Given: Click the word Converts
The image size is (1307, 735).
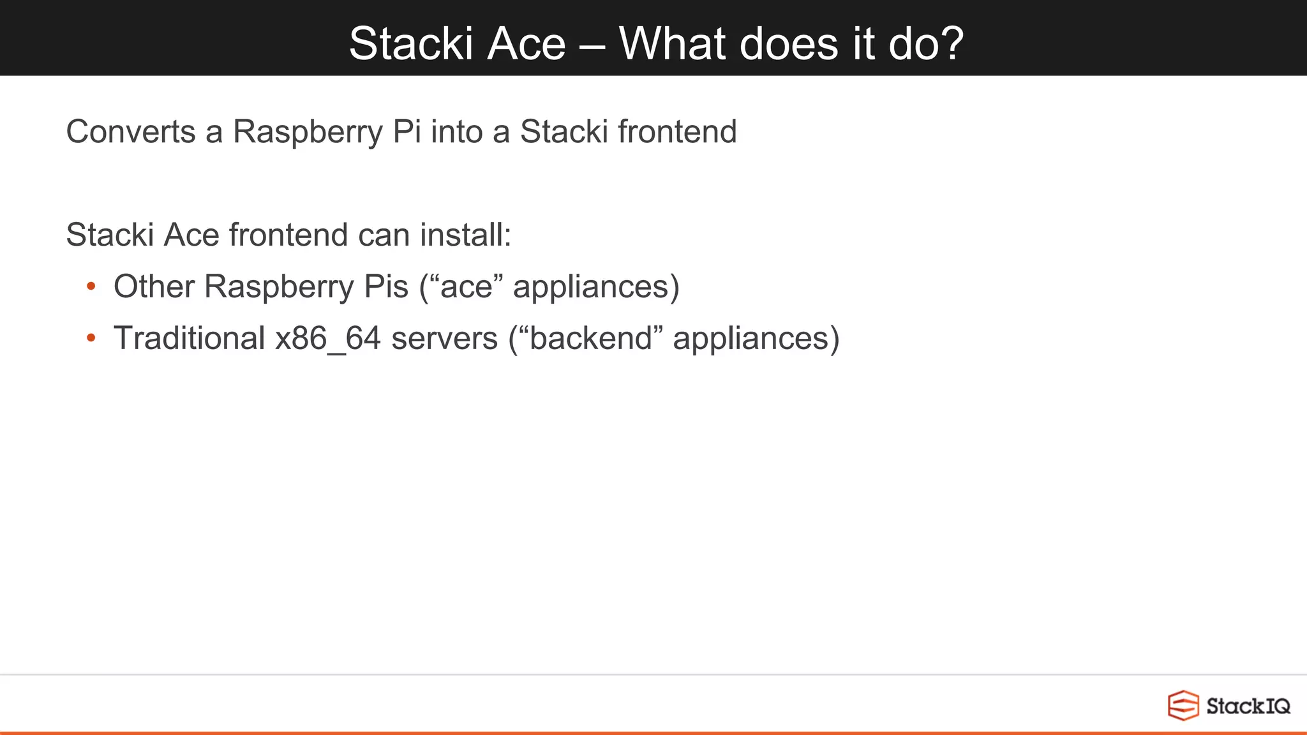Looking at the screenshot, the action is coord(131,132).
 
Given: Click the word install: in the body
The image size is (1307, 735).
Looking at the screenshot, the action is coord(465,235).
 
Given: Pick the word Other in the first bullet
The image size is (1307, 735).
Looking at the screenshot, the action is coord(154,286).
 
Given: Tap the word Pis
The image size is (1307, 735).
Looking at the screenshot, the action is coord(385,286).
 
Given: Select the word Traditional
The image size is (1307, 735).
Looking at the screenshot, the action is coord(189,338).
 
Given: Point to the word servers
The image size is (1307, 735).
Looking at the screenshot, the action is coord(444,338).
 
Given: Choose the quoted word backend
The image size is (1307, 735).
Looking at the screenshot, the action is coord(591,338).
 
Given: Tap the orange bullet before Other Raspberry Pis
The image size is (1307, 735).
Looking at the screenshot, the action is coord(91,286).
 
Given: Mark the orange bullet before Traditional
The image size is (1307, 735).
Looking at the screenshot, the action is coord(91,338).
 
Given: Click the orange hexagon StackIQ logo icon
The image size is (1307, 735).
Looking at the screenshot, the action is coord(1183,706).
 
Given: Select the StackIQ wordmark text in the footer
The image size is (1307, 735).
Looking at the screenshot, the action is coord(1248,706).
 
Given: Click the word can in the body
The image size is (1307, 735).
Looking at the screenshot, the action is coord(383,235).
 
